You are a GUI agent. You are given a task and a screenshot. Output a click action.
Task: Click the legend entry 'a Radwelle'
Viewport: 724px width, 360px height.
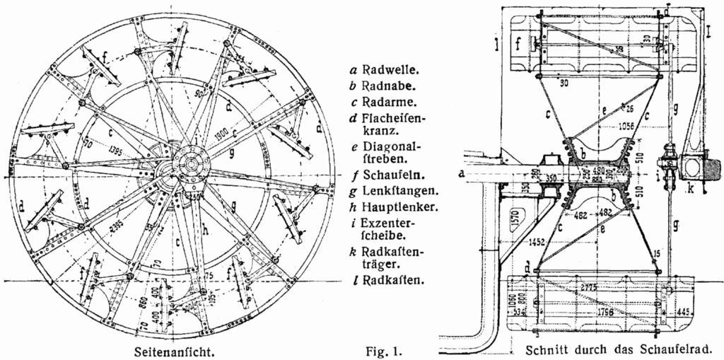click(385, 70)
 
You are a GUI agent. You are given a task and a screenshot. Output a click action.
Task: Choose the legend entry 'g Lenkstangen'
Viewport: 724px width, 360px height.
click(392, 190)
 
